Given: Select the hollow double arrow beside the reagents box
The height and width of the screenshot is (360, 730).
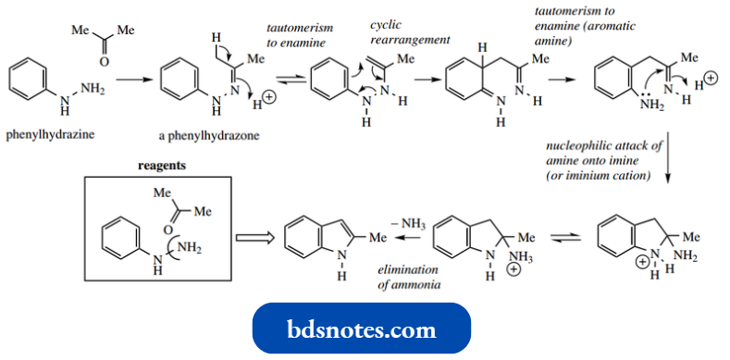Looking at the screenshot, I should pyautogui.click(x=250, y=238).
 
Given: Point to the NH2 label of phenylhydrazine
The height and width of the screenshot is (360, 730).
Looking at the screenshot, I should pyautogui.click(x=93, y=88).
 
